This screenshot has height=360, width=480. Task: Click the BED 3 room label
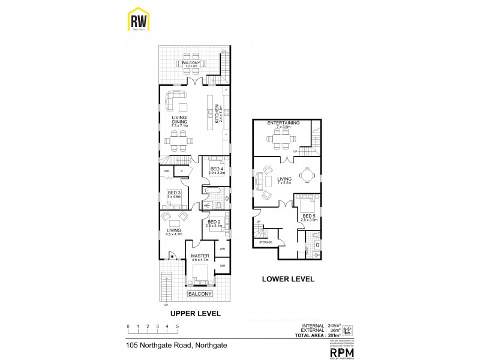(174, 194)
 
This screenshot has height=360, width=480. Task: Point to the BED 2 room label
(215, 223)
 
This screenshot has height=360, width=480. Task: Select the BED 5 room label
(309, 217)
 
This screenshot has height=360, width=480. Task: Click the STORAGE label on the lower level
(265, 242)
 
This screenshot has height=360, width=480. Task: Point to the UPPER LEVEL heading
(195, 313)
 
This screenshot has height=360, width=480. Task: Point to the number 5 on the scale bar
(177, 327)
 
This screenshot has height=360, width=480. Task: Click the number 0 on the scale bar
(128, 327)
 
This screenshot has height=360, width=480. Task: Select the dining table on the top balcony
(190, 69)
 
